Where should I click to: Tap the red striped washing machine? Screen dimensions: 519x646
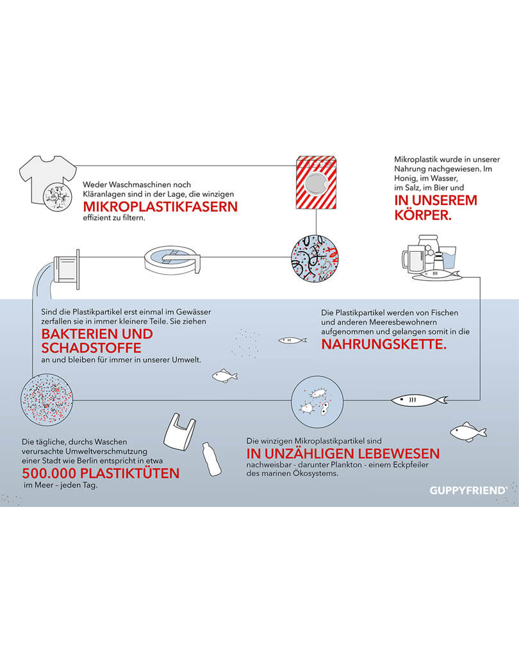[317, 183]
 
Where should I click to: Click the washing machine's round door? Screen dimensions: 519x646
[316, 184]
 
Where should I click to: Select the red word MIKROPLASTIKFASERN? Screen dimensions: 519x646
[160, 206]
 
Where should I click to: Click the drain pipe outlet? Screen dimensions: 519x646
[67, 269]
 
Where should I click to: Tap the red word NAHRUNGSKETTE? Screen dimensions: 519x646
[384, 344]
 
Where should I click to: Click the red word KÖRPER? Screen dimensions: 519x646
[423, 215]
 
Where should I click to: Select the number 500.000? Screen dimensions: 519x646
[49, 473]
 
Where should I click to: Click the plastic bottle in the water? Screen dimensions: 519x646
[211, 460]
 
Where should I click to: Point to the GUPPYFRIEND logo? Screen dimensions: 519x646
[468, 490]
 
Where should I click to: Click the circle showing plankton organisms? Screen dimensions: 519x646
[317, 402]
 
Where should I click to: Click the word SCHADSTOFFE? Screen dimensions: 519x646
[91, 348]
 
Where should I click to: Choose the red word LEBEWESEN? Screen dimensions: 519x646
[399, 454]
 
